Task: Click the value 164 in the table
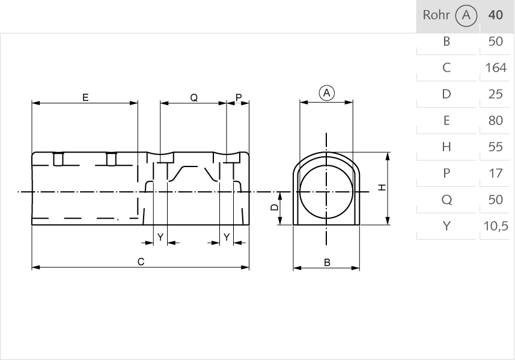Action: [495, 68]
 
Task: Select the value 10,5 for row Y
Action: [495, 226]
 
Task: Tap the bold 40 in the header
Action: [495, 15]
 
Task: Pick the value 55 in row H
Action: [495, 147]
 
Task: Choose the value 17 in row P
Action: [495, 173]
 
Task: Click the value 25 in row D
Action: [495, 94]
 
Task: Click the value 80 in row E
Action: [495, 121]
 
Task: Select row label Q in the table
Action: [446, 200]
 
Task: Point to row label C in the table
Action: [446, 68]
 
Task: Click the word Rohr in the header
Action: [436, 15]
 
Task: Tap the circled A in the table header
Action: [466, 16]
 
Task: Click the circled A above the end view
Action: [326, 93]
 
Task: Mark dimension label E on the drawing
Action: [85, 97]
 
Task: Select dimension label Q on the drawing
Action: [194, 97]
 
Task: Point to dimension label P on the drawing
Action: [239, 97]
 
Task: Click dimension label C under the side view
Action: [140, 261]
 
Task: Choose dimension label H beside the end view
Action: [382, 188]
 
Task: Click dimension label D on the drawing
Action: [274, 207]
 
